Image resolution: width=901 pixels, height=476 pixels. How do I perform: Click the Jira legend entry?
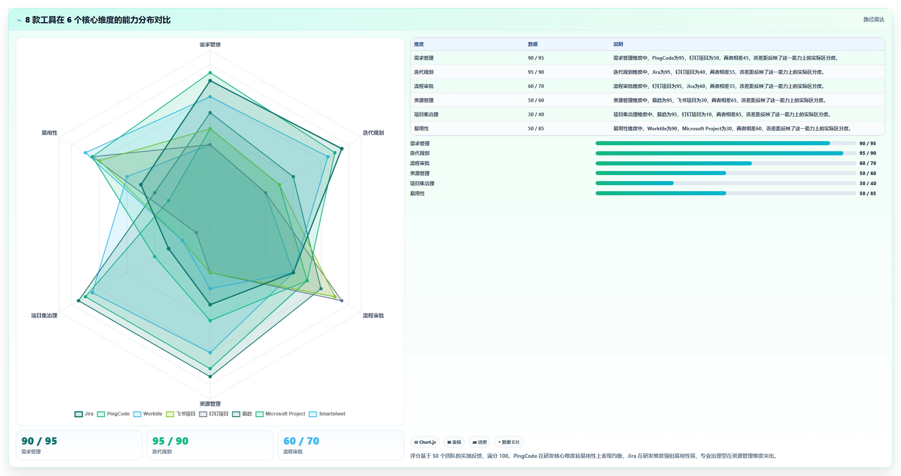pyautogui.click(x=84, y=414)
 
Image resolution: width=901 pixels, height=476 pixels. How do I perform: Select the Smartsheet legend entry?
pyautogui.click(x=327, y=414)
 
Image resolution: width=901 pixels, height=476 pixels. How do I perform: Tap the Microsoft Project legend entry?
pyautogui.click(x=280, y=414)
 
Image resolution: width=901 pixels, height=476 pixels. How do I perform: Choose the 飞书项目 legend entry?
pyautogui.click(x=181, y=414)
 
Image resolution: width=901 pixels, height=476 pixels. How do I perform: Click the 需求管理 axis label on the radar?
pyautogui.click(x=210, y=45)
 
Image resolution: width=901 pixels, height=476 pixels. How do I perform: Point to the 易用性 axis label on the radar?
pyautogui.click(x=50, y=133)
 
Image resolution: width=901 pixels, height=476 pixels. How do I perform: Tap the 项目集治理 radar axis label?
pyautogui.click(x=44, y=315)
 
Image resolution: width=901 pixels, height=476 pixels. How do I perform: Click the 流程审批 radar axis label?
pyautogui.click(x=373, y=315)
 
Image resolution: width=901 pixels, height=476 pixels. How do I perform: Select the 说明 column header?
pyautogui.click(x=618, y=44)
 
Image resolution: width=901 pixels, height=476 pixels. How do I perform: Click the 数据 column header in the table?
pyautogui.click(x=533, y=44)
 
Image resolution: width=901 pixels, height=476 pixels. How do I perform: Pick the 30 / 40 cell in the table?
pyautogui.click(x=536, y=115)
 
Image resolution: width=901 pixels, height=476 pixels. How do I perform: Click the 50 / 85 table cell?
pyautogui.click(x=536, y=129)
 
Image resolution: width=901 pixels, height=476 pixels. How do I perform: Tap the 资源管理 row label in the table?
pyautogui.click(x=424, y=100)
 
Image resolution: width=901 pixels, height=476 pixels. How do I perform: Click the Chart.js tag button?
pyautogui.click(x=425, y=442)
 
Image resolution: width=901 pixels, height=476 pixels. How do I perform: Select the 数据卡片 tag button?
pyautogui.click(x=509, y=442)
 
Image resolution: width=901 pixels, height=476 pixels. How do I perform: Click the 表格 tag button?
pyautogui.click(x=454, y=442)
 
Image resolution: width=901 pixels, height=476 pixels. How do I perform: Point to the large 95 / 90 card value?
pyautogui.click(x=170, y=441)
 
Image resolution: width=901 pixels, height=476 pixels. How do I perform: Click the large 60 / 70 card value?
pyautogui.click(x=301, y=441)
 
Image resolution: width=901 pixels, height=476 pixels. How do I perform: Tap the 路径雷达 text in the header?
pyautogui.click(x=874, y=20)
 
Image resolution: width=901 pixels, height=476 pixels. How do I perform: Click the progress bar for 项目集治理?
pyautogui.click(x=725, y=183)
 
